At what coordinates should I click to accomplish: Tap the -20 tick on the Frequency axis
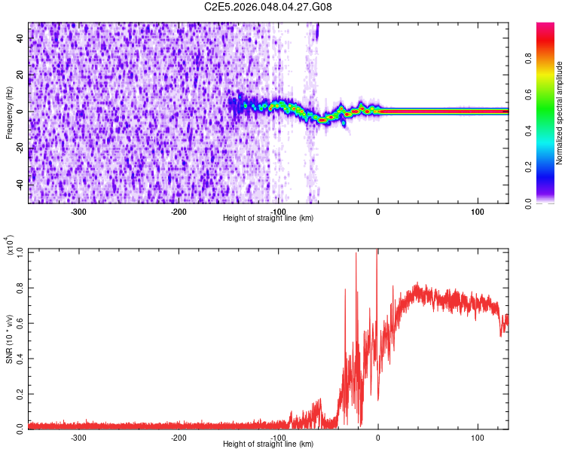[x=21, y=148]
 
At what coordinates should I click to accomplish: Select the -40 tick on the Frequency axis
[x=21, y=185]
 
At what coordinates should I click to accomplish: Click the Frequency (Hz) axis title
[x=9, y=113]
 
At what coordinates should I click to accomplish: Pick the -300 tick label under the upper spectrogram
[x=79, y=211]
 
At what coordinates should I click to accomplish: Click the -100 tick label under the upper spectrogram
[x=278, y=211]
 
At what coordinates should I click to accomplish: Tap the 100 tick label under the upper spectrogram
[x=478, y=211]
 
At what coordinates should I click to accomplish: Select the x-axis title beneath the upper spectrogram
[x=268, y=218]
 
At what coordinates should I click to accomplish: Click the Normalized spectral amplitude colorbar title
[x=560, y=113]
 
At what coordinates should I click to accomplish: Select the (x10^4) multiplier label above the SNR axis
[x=10, y=246]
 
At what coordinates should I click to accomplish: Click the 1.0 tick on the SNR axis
[x=20, y=250]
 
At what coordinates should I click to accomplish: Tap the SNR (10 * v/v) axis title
[x=10, y=339]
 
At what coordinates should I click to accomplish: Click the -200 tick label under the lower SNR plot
[x=179, y=437]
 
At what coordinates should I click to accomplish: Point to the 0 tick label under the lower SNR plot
[x=378, y=437]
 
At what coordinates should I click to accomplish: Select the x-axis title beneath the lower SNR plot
[x=268, y=444]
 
